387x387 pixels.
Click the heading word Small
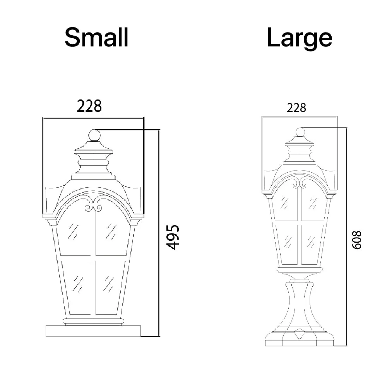click(96, 37)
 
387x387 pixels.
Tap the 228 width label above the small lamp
click(89, 106)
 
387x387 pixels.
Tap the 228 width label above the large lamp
click(296, 108)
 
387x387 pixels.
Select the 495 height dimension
click(173, 237)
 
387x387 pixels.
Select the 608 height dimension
click(356, 240)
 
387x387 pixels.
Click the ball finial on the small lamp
click(94, 135)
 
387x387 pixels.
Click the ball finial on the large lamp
click(300, 132)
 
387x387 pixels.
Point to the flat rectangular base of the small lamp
click(93, 331)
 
